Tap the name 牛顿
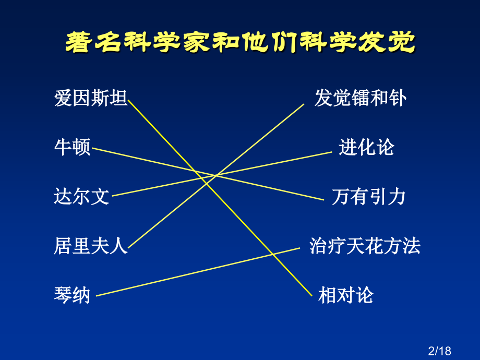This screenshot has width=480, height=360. [73, 148]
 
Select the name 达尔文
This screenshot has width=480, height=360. [82, 197]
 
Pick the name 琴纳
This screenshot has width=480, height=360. [73, 295]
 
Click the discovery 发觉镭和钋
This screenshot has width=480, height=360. [360, 98]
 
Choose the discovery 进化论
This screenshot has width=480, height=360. [366, 148]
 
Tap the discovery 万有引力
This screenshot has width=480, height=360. [368, 197]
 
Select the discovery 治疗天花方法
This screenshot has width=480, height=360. [365, 246]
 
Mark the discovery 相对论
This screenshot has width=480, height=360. [346, 295]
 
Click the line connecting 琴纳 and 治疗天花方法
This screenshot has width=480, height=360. [198, 271]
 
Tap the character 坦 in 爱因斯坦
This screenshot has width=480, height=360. [118, 98]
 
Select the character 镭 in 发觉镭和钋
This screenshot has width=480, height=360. [360, 98]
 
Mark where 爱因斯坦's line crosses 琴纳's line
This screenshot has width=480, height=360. [274, 253]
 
